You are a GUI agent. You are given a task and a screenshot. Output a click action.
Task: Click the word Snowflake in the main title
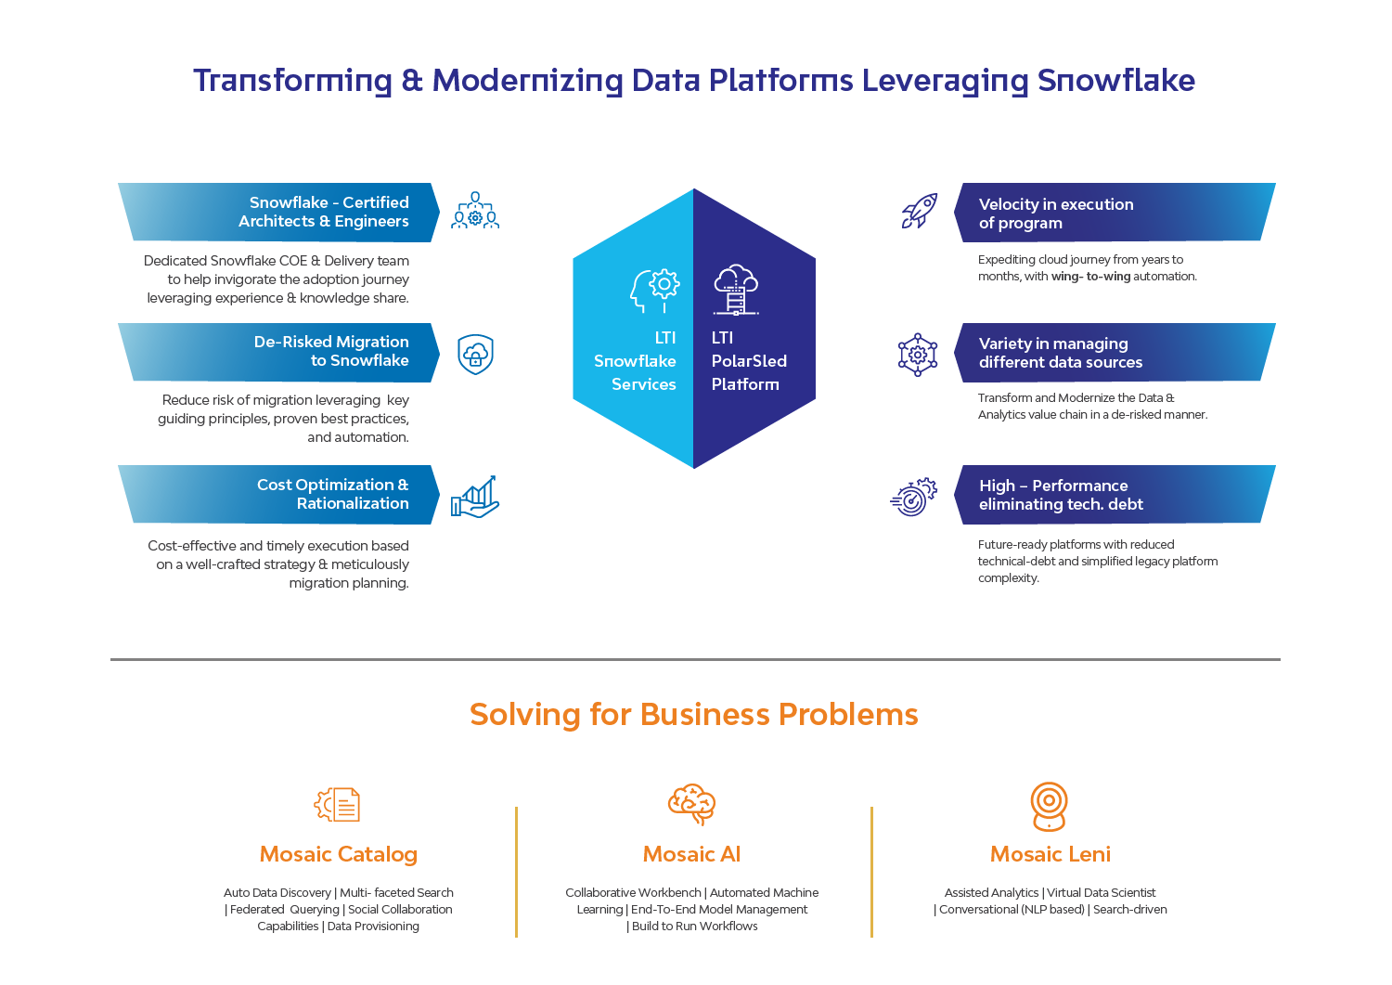pos(1116,80)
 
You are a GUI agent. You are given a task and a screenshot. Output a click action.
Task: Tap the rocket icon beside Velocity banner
pos(919,211)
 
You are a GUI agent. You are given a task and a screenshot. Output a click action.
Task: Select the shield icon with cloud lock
pos(475,354)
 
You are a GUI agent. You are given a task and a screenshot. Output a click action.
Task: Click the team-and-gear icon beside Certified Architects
pos(475,210)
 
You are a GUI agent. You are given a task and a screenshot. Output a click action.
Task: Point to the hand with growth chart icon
pos(475,497)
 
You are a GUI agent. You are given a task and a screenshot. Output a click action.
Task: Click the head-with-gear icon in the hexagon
pos(654,291)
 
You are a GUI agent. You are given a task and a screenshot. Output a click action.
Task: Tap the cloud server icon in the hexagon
pos(736,289)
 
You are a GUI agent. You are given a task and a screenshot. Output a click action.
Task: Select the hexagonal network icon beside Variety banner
pos(917,355)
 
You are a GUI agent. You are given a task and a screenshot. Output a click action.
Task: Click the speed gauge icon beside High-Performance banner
pos(913,497)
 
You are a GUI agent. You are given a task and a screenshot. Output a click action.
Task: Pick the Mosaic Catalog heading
pos(338,854)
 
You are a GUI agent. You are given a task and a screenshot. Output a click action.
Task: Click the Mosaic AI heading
pos(691,854)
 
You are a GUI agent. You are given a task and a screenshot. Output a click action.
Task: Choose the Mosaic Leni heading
pos(1050,854)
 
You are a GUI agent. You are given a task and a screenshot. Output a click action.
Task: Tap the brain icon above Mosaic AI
pos(691,804)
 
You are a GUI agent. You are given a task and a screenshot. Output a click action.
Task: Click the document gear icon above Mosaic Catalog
pos(337,805)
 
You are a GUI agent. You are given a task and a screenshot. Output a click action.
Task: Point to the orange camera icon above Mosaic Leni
pos(1049,807)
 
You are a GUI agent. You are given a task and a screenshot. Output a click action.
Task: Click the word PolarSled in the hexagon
pos(749,361)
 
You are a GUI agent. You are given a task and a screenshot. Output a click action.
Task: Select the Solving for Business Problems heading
pos(694,715)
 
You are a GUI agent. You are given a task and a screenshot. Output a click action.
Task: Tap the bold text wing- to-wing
pos(1090,277)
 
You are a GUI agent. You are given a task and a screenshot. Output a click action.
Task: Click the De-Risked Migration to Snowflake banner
pos(278,352)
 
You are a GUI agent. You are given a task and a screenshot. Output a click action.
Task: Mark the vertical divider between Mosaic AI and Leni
pos(872,872)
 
